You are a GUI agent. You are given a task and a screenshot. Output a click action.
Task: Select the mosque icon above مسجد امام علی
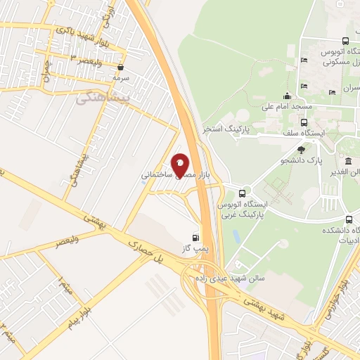click(x=286, y=96)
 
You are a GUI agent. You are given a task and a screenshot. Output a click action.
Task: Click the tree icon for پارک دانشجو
click(x=302, y=149)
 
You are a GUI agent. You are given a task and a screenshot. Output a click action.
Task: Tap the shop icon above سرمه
click(x=122, y=67)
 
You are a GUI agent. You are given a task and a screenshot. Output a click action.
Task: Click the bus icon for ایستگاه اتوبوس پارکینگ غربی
click(x=243, y=193)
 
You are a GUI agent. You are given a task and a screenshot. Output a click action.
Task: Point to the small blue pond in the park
click(x=236, y=236)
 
